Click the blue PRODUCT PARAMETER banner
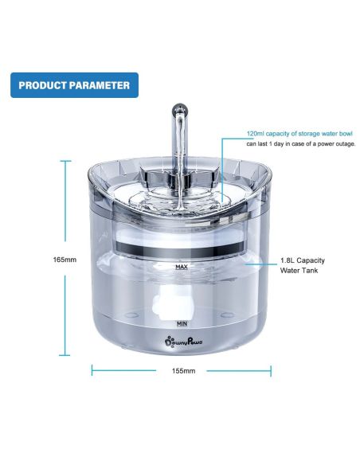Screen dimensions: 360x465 pos(74,85)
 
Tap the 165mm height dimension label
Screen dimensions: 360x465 pos(65,260)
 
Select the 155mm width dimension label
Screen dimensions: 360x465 pos(183,371)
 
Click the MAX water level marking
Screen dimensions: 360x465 pos(182,267)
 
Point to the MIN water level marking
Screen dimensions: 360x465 pos(182,323)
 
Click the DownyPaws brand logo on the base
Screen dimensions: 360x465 pos(183,342)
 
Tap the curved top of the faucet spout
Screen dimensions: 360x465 pos(180,110)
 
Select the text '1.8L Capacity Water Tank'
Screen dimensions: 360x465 pos(303,265)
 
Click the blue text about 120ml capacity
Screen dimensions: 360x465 pos(299,134)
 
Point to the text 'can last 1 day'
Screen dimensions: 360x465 pos(264,144)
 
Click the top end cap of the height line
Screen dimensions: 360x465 pos(65,161)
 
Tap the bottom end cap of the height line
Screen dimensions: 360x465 pos(65,354)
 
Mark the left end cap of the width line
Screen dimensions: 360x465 pos(92,370)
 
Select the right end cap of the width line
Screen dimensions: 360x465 pos(271,371)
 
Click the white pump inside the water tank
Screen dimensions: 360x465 pos(172,303)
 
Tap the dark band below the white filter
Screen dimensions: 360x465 pos(180,248)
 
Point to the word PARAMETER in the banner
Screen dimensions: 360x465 pos(100,85)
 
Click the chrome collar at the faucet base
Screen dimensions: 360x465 pos(180,178)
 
